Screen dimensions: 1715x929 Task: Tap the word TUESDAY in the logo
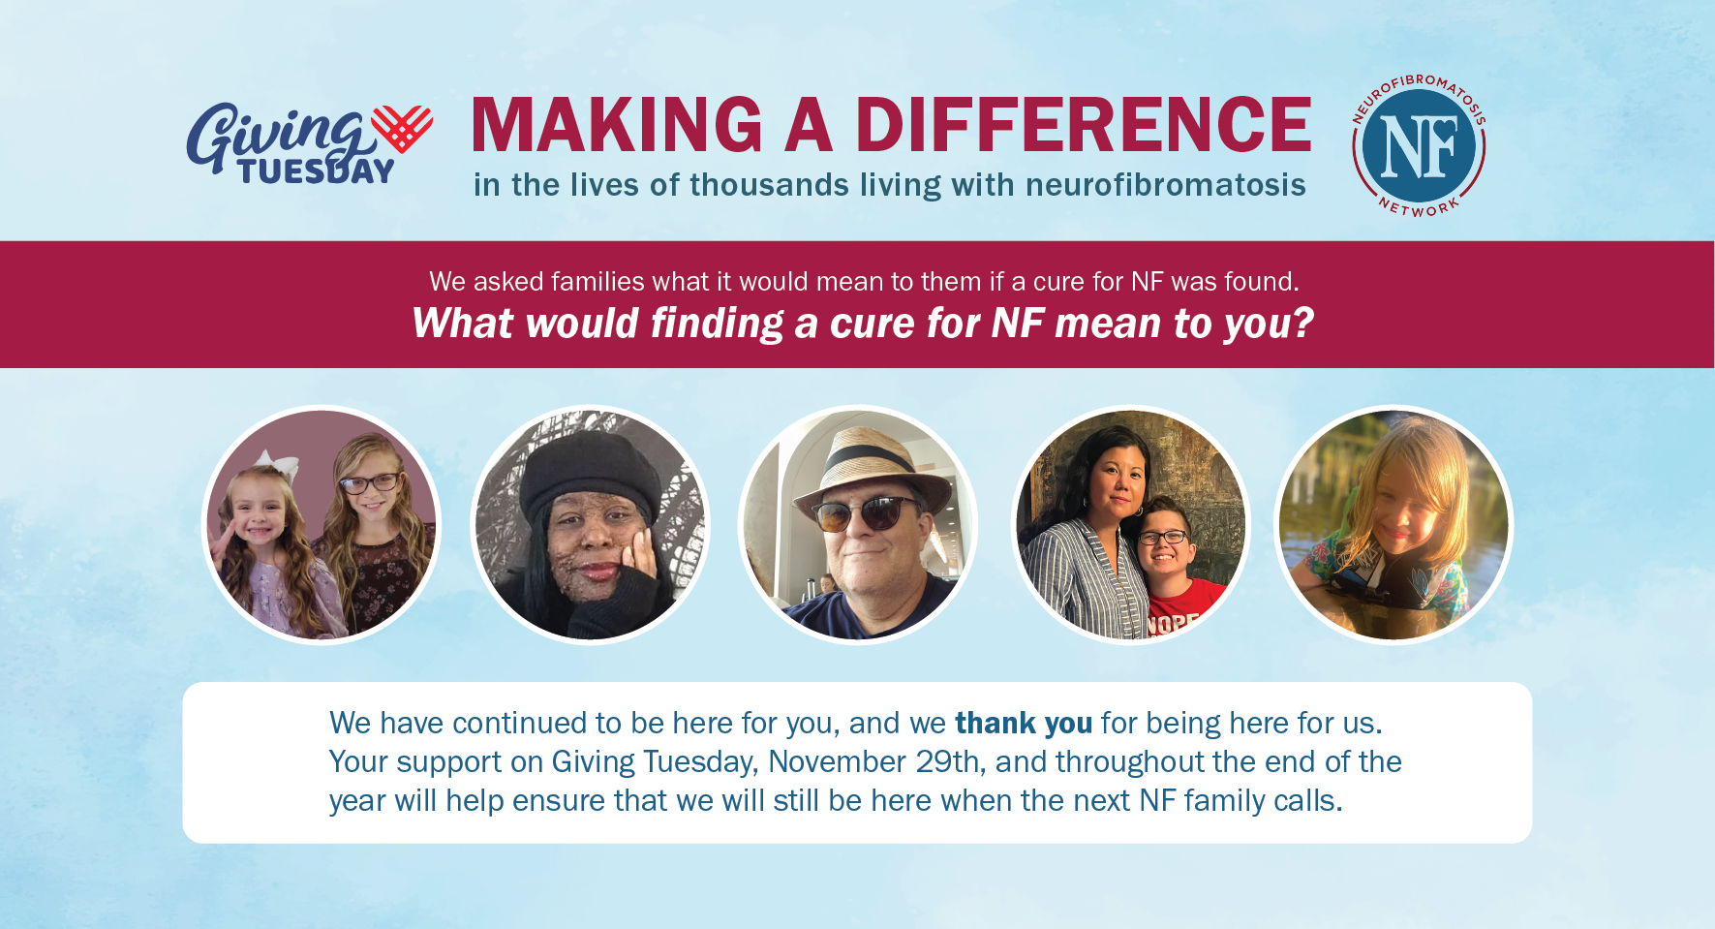coord(317,171)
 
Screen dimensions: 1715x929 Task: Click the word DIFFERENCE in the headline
coord(1083,125)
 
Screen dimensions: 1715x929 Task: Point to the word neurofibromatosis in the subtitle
coord(1166,184)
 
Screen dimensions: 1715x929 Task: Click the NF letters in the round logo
coord(1419,148)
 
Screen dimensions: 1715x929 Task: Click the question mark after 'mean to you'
coord(1302,322)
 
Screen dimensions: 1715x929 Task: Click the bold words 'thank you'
coord(1024,723)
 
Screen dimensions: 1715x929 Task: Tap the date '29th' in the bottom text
coord(951,761)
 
